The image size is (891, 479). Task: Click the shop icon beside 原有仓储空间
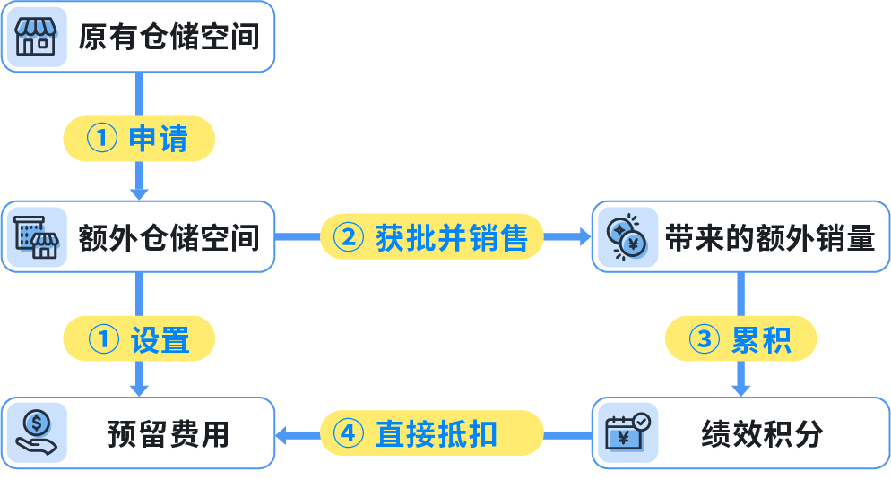tap(36, 37)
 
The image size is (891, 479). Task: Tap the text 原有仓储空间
tap(169, 37)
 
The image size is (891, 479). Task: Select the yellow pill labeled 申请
tap(138, 139)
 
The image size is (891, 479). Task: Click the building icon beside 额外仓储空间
tap(36, 236)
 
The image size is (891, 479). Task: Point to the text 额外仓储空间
tap(169, 237)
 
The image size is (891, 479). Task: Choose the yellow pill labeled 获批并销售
tap(432, 237)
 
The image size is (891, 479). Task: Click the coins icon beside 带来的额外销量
tap(627, 237)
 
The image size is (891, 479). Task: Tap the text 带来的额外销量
tap(769, 237)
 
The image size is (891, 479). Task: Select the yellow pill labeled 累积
tap(740, 340)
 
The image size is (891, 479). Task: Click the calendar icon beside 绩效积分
tap(627, 433)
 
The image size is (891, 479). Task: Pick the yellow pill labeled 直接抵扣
tap(432, 434)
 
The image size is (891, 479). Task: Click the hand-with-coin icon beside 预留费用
tap(36, 433)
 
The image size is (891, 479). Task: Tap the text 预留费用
tap(169, 434)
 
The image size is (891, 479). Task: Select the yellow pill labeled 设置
tap(138, 340)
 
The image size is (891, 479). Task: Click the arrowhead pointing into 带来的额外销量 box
tap(584, 237)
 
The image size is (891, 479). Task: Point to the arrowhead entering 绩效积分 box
tap(740, 389)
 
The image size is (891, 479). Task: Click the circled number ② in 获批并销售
tap(349, 237)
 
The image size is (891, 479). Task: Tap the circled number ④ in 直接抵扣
tap(349, 434)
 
